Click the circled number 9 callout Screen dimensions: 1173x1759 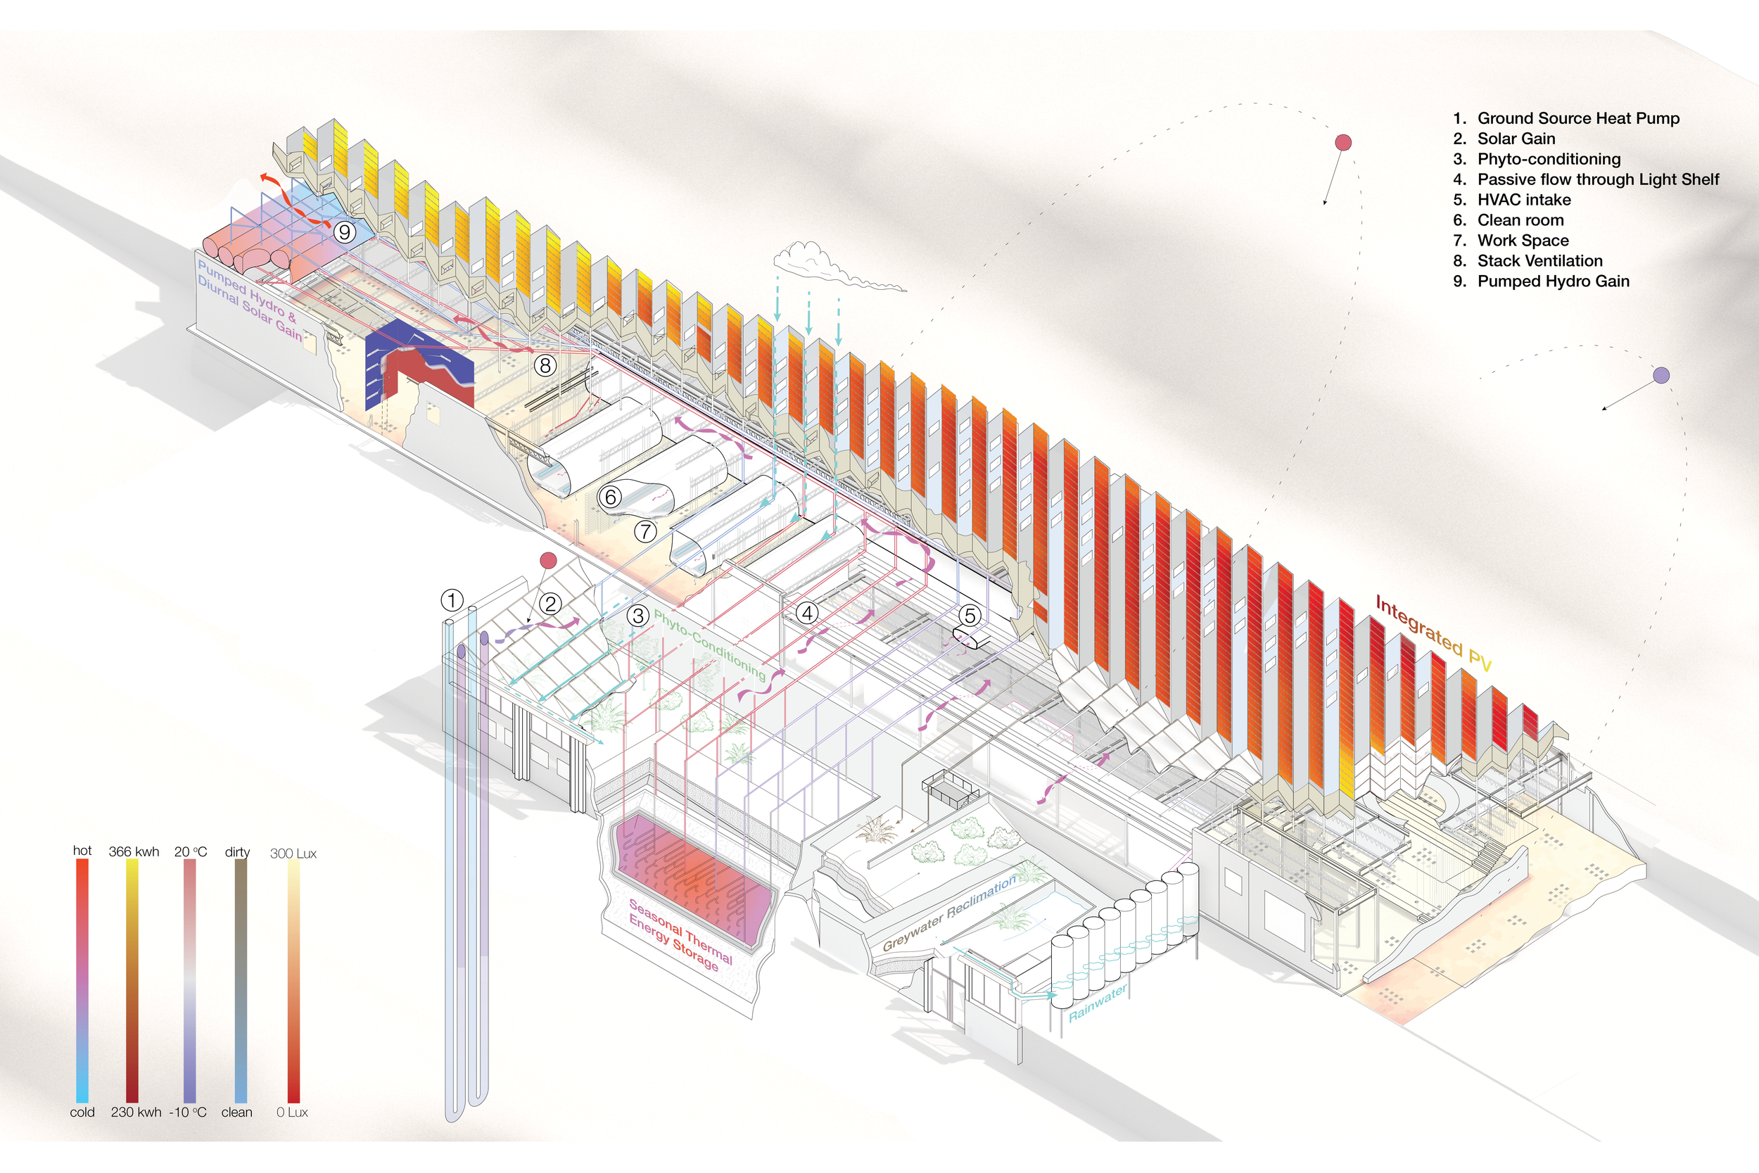pos(344,232)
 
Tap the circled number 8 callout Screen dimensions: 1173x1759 pos(545,365)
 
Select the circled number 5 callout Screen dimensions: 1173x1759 pos(970,616)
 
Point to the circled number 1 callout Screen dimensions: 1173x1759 pos(452,600)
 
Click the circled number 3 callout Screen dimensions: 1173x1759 pos(637,616)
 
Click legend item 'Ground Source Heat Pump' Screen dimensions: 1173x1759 pos(1578,118)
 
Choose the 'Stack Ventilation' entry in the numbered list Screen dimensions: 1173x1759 pos(1540,261)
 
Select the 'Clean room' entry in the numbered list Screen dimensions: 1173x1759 pos(1520,220)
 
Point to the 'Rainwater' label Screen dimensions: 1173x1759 pos(1097,1003)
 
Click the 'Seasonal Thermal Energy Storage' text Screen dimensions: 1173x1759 pos(679,935)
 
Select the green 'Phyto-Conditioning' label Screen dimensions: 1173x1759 pos(710,645)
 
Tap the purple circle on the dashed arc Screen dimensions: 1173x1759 pos(1661,376)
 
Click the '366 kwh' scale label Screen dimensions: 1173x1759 pos(134,851)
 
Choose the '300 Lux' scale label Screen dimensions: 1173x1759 pos(293,854)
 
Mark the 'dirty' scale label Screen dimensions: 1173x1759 pos(237,852)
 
